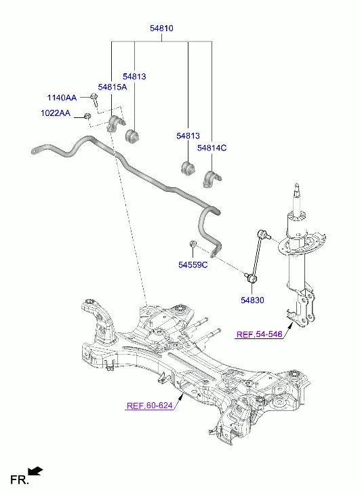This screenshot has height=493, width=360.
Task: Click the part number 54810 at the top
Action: click(x=161, y=28)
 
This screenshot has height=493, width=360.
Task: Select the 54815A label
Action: click(x=112, y=87)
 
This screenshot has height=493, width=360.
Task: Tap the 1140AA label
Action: click(x=62, y=98)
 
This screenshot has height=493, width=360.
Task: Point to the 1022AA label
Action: click(x=55, y=113)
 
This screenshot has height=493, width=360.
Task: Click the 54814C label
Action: click(x=212, y=148)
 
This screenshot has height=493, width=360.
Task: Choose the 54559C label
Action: click(x=193, y=264)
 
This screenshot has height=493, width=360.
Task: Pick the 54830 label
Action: click(x=252, y=300)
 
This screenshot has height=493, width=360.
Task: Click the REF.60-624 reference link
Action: click(x=149, y=407)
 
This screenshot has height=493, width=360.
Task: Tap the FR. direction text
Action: click(x=18, y=480)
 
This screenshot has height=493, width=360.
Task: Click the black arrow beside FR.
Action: click(x=36, y=470)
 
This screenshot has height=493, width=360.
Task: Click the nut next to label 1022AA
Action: click(x=89, y=118)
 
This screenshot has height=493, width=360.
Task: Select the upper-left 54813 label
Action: click(x=134, y=77)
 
